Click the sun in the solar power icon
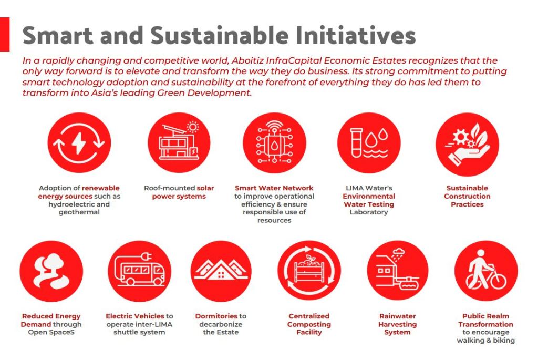[193, 127]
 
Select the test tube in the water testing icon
[356, 142]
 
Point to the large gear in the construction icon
[460, 137]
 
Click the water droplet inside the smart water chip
[274, 146]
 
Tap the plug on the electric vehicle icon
[148, 256]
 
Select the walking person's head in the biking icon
[481, 253]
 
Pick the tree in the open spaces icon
[51, 263]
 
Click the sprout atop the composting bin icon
[310, 259]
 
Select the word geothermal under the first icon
[79, 212]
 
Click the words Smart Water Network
[274, 188]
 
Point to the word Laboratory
[368, 212]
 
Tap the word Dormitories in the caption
[216, 316]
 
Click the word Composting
[309, 324]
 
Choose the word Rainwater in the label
[397, 316]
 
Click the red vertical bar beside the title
[4, 34]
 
